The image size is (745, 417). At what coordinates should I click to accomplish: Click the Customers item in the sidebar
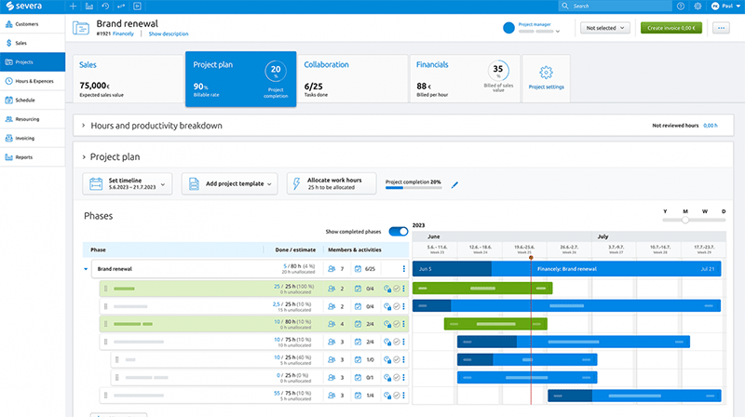click(27, 23)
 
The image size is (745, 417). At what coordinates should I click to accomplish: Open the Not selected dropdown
click(603, 28)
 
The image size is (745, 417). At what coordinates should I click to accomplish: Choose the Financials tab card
click(463, 79)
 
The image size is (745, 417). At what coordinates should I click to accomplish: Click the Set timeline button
click(127, 184)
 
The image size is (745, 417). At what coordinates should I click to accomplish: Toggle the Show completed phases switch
click(398, 231)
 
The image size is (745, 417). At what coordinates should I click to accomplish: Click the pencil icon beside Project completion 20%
click(455, 185)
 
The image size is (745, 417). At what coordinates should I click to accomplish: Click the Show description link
click(168, 34)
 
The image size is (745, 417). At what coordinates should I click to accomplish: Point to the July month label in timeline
click(603, 236)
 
